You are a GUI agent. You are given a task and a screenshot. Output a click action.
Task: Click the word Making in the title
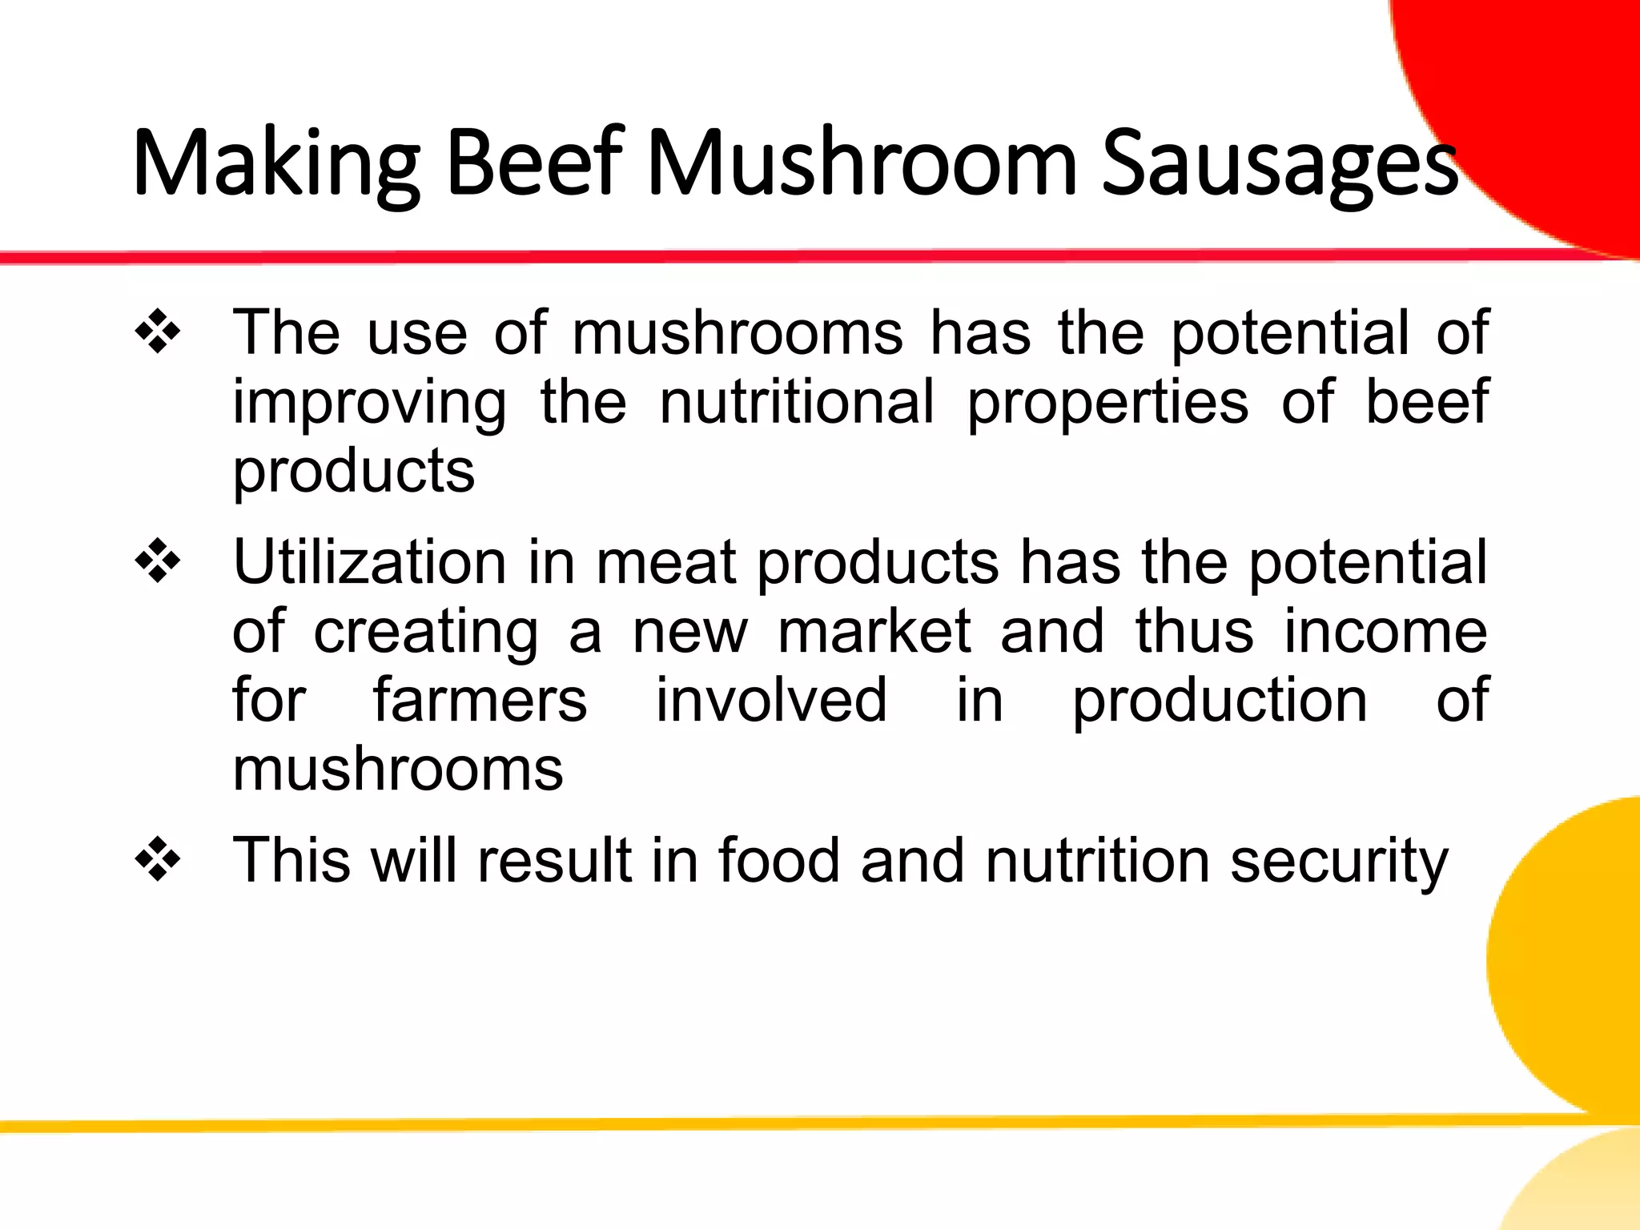pyautogui.click(x=275, y=164)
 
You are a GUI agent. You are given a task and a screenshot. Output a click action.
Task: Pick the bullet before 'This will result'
pyautogui.click(x=158, y=860)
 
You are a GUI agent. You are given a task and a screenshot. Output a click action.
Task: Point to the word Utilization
pyautogui.click(x=369, y=562)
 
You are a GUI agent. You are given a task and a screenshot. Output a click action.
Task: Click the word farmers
pyautogui.click(x=480, y=700)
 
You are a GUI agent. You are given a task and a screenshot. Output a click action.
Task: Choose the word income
pyautogui.click(x=1385, y=631)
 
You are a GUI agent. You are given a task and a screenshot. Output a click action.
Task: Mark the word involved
pyautogui.click(x=771, y=700)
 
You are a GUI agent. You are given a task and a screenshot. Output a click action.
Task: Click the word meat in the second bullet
pyautogui.click(x=665, y=562)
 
